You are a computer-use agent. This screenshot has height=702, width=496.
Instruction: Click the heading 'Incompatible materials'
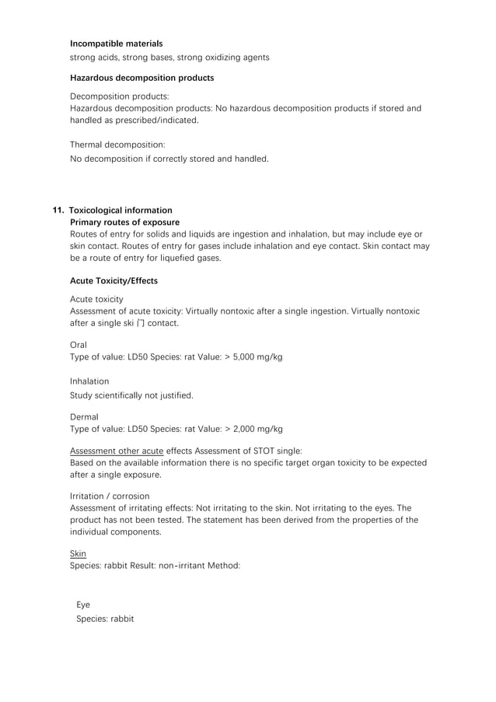point(116,44)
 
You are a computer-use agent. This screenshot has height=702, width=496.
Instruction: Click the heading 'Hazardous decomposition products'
point(141,78)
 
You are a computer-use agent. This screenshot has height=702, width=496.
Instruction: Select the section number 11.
point(58,210)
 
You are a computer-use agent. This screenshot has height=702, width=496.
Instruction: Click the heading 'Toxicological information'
point(121,210)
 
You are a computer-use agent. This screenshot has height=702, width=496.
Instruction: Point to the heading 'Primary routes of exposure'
point(124,223)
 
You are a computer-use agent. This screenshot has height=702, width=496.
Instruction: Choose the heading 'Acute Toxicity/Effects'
point(114,280)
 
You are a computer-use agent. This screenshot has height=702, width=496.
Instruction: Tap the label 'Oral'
point(79,344)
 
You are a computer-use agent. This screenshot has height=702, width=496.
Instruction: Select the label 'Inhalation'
point(89,381)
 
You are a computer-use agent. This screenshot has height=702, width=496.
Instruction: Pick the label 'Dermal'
point(84,416)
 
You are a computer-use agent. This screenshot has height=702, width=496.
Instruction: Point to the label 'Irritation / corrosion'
point(110,496)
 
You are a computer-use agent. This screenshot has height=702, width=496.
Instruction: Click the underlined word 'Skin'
point(78,553)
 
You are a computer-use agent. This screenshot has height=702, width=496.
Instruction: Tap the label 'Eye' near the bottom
point(82,605)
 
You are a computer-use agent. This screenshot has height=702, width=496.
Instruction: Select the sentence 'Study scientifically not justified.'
point(131,395)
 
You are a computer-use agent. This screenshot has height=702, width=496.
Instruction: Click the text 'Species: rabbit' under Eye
point(105,619)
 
